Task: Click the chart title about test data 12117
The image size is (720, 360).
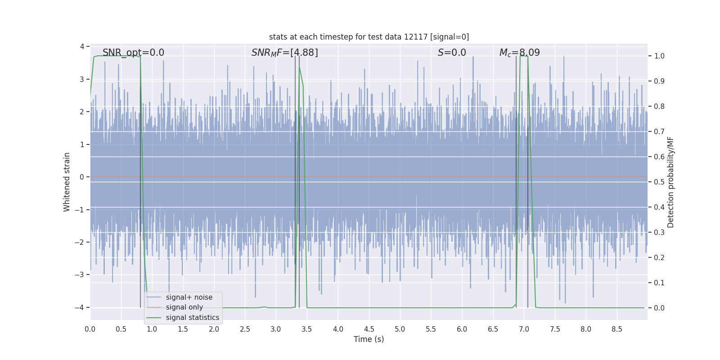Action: click(369, 37)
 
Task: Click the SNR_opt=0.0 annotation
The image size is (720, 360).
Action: click(133, 53)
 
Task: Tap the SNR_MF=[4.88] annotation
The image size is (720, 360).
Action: click(284, 53)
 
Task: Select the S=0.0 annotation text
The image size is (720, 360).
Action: click(452, 53)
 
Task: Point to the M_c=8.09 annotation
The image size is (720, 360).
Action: click(519, 53)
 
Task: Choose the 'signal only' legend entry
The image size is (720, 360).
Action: click(184, 307)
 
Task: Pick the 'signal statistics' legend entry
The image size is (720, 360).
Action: click(192, 318)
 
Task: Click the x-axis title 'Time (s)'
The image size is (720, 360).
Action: click(369, 339)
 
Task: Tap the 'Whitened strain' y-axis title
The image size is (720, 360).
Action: click(67, 182)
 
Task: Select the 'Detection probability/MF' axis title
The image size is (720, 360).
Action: click(670, 182)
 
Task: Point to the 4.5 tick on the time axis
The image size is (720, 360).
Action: click(369, 329)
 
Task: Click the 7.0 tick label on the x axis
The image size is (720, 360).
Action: click(524, 329)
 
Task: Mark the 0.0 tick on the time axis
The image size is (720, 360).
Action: click(90, 329)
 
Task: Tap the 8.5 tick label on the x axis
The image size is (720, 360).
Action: click(616, 329)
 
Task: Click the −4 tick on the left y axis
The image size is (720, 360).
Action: click(81, 308)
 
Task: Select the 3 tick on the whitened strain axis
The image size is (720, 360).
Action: click(82, 79)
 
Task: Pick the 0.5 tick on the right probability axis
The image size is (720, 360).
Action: click(659, 182)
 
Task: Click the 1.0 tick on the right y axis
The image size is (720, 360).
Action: click(659, 56)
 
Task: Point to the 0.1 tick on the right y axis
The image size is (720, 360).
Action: click(659, 283)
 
